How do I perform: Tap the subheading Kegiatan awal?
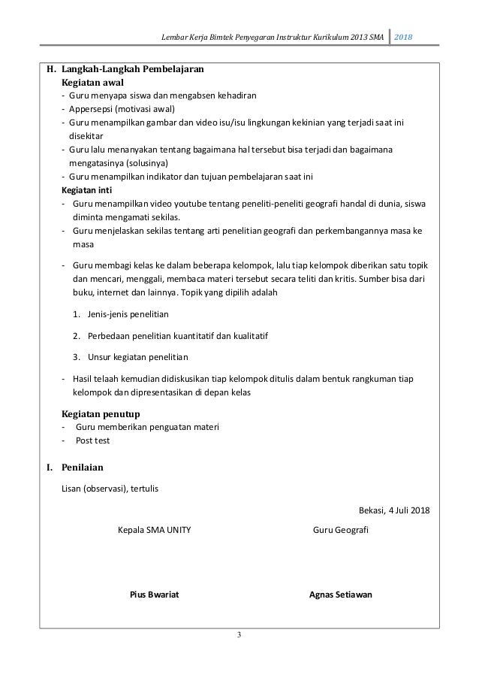click(92, 82)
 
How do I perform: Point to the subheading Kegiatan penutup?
click(99, 414)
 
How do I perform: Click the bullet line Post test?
click(92, 440)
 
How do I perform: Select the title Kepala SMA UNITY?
click(155, 530)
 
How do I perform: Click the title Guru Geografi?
click(340, 530)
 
